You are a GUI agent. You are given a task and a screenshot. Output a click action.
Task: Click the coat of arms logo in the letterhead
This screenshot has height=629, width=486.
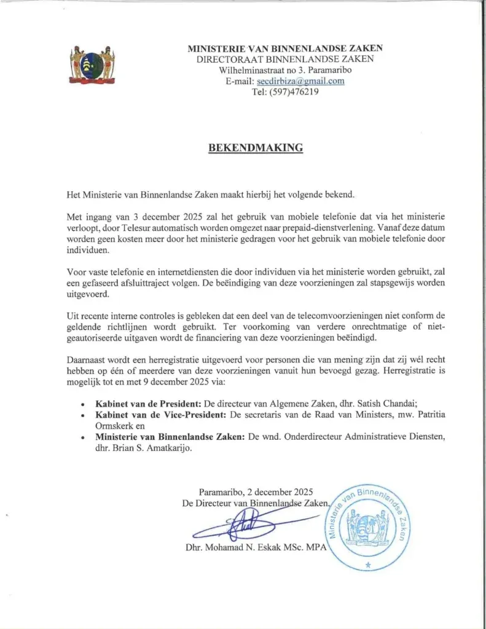point(92,64)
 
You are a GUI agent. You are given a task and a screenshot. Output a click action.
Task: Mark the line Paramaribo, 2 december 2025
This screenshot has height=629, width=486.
point(256,492)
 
